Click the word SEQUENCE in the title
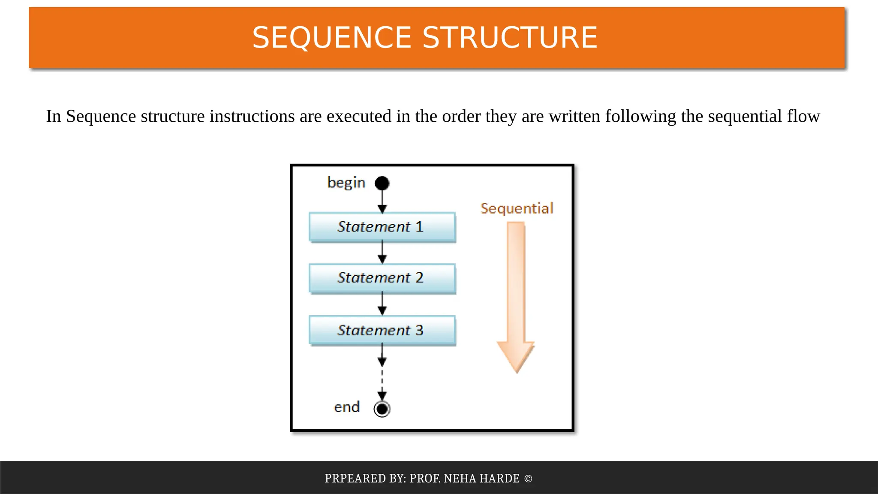click(332, 38)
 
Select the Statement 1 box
click(382, 227)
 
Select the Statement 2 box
click(382, 278)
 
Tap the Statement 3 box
click(382, 330)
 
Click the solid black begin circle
click(382, 184)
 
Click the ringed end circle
click(382, 409)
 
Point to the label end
click(346, 407)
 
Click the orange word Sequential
click(517, 208)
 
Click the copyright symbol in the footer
click(528, 479)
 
